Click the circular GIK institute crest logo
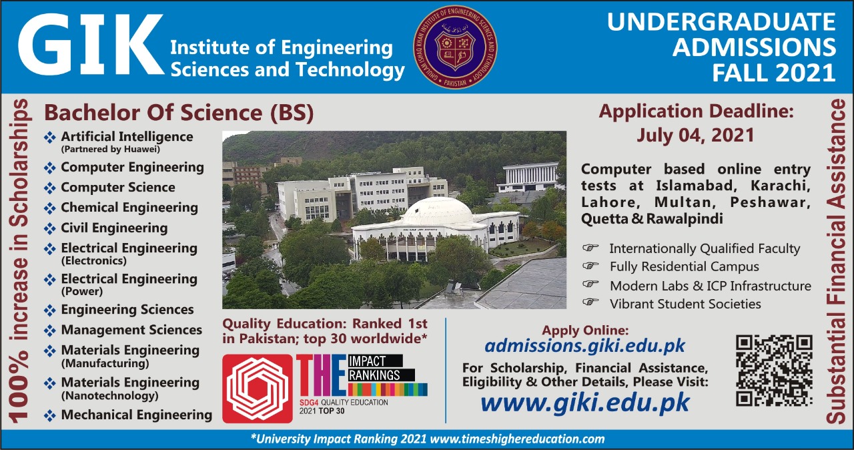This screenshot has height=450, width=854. pyautogui.click(x=456, y=47)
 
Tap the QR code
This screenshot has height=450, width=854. pyautogui.click(x=774, y=371)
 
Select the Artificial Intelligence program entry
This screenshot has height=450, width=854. pyautogui.click(x=127, y=137)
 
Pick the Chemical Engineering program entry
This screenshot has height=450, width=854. pyautogui.click(x=129, y=208)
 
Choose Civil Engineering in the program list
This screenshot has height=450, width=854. pyautogui.click(x=114, y=228)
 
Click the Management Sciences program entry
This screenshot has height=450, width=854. pyautogui.click(x=131, y=330)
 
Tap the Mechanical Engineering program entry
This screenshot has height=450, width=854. pyautogui.click(x=136, y=415)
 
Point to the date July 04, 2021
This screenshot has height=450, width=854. pyautogui.click(x=695, y=135)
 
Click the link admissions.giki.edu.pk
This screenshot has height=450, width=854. pyautogui.click(x=584, y=346)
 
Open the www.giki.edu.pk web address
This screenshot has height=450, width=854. pyautogui.click(x=584, y=403)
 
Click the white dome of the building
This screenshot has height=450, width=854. pyautogui.click(x=437, y=212)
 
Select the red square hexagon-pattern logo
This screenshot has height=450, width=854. pyautogui.click(x=257, y=389)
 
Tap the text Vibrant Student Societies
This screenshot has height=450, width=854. pyautogui.click(x=685, y=304)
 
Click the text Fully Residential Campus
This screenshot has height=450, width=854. pyautogui.click(x=684, y=266)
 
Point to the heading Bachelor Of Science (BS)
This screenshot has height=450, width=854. pyautogui.click(x=179, y=112)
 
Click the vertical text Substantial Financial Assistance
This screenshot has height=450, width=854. pyautogui.click(x=836, y=260)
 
